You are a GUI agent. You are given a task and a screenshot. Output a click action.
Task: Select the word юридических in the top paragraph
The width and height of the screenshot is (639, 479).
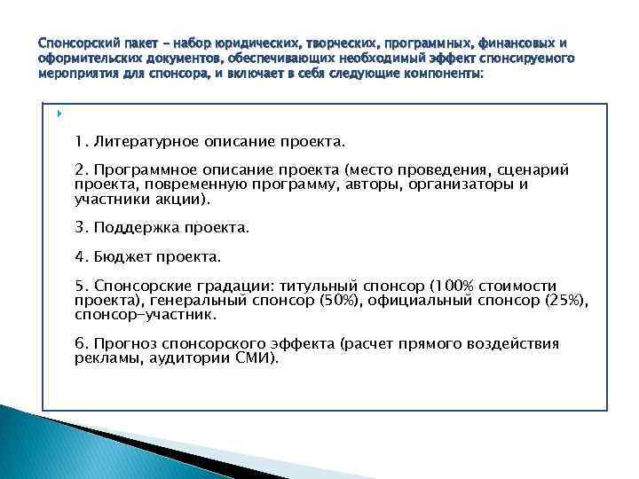pyautogui.click(x=217, y=43)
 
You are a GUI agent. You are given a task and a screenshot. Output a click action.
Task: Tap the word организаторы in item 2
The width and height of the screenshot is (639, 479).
pyautogui.click(x=468, y=185)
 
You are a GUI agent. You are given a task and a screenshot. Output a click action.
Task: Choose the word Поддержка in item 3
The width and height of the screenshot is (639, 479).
pyautogui.click(x=137, y=227)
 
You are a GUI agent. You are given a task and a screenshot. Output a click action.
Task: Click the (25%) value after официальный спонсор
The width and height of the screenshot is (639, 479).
pyautogui.click(x=567, y=300)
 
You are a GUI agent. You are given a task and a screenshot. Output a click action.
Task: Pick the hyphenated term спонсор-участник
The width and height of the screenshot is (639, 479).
pyautogui.click(x=146, y=314)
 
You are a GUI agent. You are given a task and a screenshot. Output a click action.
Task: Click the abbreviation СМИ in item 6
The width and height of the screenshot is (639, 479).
pyautogui.click(x=255, y=357)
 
